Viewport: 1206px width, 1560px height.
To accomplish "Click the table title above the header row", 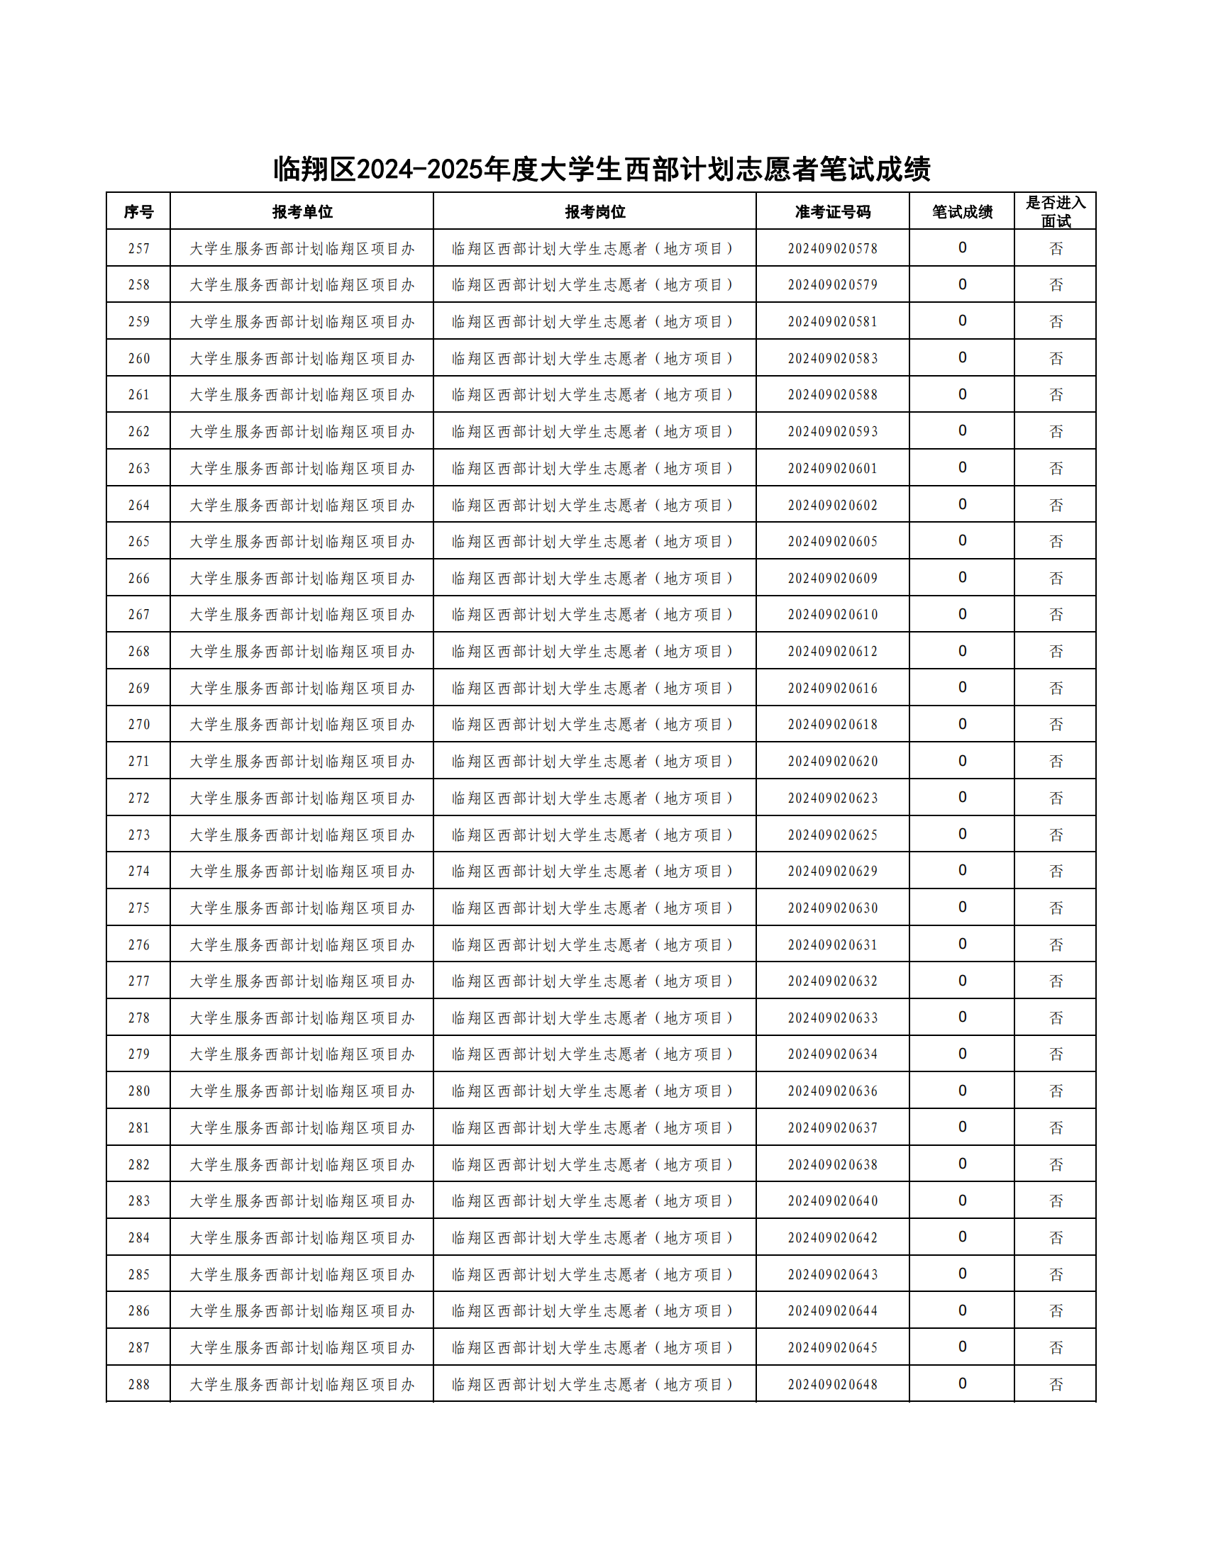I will click(602, 169).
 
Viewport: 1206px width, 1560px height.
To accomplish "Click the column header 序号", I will click(138, 211).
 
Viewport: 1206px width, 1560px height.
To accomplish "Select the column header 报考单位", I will click(301, 211).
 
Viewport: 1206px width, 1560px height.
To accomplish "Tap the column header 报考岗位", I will click(594, 211).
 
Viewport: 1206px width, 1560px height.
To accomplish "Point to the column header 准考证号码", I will click(832, 211).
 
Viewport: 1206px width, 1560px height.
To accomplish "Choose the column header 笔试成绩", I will click(962, 211).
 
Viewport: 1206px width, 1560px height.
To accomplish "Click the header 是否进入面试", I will click(1056, 211).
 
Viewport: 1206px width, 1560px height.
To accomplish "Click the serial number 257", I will click(138, 249).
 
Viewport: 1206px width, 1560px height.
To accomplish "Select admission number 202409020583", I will click(832, 359).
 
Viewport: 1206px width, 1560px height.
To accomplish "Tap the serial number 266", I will click(138, 579).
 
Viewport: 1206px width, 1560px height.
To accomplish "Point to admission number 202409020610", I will click(832, 615).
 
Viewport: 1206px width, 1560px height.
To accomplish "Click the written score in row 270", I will click(962, 724).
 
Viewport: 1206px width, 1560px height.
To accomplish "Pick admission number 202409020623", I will click(832, 798).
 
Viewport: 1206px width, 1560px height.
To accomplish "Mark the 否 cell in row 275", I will click(1056, 908).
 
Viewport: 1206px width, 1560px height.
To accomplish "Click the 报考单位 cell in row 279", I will click(301, 1054).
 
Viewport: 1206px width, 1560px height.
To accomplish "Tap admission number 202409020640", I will click(832, 1201).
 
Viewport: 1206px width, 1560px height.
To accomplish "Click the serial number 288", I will click(138, 1384).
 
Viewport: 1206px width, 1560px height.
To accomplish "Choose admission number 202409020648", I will click(832, 1384).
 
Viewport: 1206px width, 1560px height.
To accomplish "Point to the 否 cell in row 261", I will click(1056, 395).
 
